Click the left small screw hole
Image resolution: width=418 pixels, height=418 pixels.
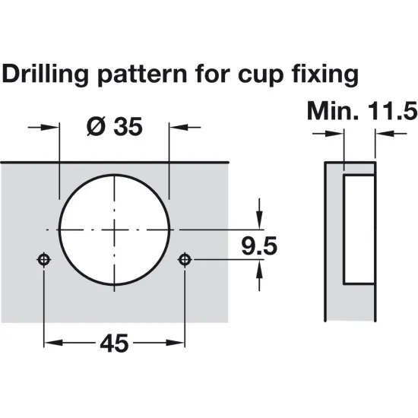pos(44,260)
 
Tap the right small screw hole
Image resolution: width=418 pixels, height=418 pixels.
pos(184,260)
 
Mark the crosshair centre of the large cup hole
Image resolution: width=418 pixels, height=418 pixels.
pos(114,229)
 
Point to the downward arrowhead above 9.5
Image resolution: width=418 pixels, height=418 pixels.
pos(261,221)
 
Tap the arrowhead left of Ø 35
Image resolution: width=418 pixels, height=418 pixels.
pos(51,126)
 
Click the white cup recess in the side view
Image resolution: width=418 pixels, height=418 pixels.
pos(359,228)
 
